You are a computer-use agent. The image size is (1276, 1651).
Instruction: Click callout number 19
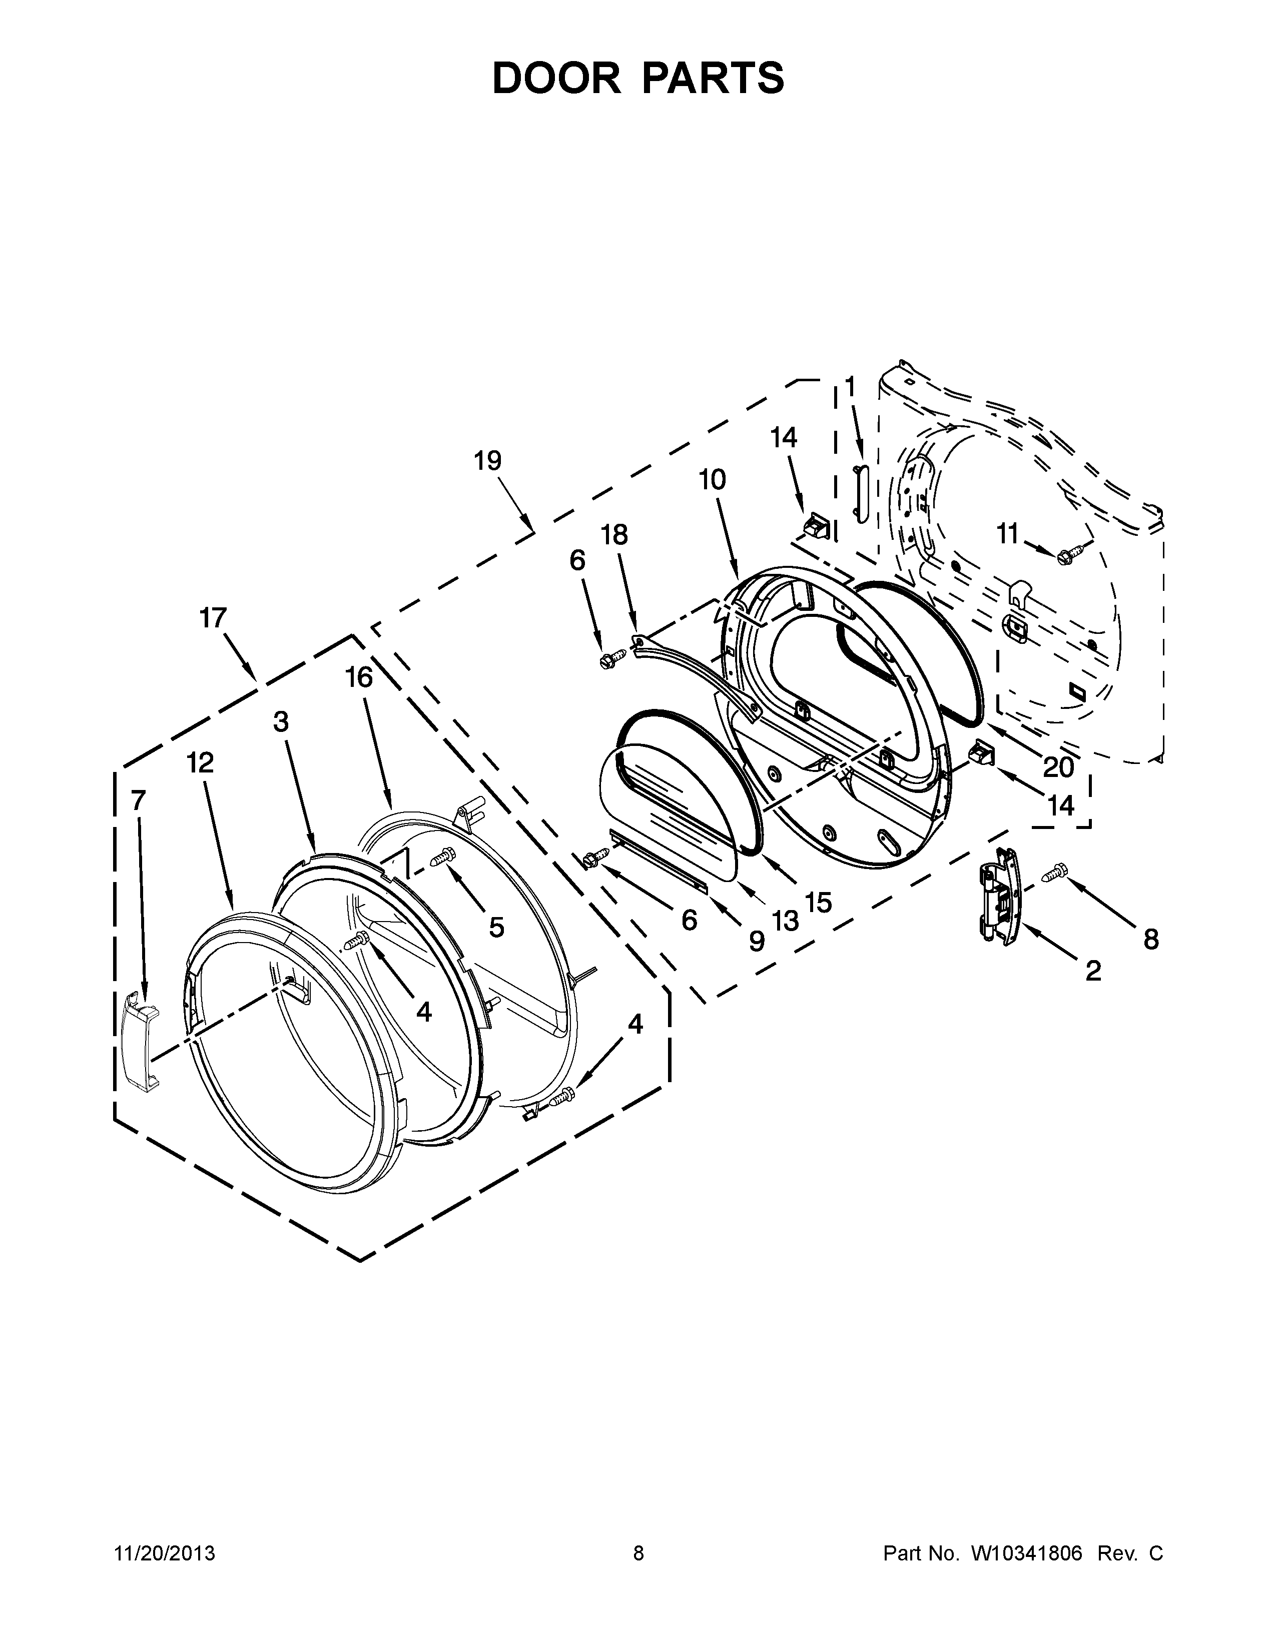coord(487,460)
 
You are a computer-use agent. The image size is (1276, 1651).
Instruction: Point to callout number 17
coord(213,617)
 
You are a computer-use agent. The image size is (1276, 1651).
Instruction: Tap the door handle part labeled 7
coord(141,1040)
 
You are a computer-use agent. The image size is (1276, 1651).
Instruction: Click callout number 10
coord(712,479)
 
